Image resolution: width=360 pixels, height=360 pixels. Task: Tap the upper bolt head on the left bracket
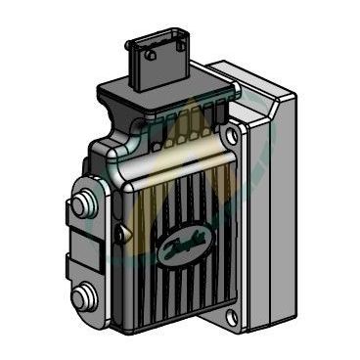[82, 203]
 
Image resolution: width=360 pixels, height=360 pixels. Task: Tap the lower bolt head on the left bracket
[81, 296]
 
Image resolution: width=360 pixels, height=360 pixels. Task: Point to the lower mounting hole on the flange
[232, 315]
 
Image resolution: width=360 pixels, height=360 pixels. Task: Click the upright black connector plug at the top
[157, 62]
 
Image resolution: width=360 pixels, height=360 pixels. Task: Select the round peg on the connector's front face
[151, 55]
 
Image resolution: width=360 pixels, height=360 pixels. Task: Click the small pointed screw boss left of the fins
[121, 232]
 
